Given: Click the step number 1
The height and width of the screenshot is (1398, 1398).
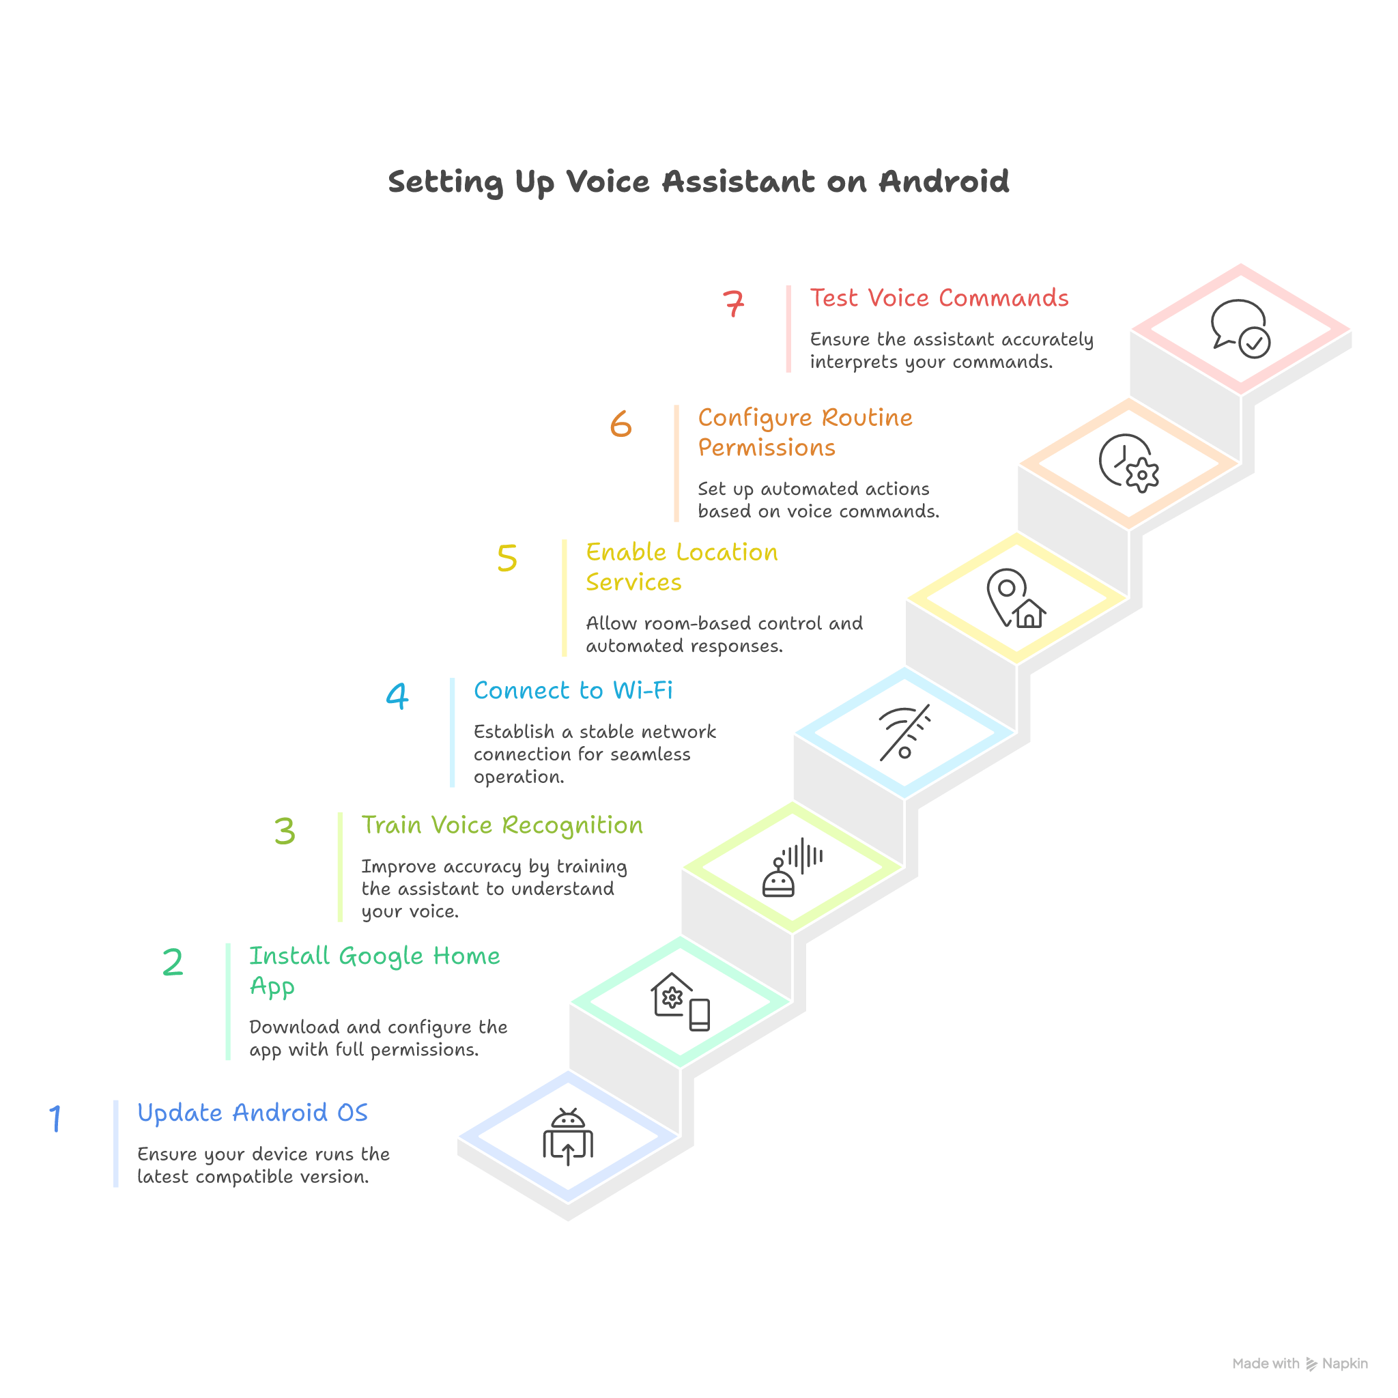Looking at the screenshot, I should click(x=55, y=1118).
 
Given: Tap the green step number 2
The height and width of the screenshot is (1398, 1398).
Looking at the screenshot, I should click(x=172, y=962).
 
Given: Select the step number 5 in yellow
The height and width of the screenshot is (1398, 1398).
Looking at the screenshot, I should click(x=507, y=558).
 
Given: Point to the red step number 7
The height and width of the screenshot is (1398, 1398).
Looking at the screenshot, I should click(x=733, y=303).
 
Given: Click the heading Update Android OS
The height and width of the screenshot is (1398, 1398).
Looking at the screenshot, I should click(x=253, y=1112).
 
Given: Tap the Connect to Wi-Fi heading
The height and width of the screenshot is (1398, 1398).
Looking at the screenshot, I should click(x=573, y=690).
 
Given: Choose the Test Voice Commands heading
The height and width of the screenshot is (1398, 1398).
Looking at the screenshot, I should click(x=939, y=298).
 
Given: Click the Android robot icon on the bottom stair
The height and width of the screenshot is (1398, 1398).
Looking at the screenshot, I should click(x=568, y=1136).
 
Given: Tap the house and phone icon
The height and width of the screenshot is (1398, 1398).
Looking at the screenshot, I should click(x=680, y=1001).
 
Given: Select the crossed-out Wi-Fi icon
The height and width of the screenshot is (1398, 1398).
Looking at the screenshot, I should click(x=904, y=733).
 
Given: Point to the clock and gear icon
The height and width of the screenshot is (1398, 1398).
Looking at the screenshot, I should click(x=1128, y=463).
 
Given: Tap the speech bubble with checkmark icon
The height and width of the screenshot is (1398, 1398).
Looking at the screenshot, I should click(x=1240, y=328).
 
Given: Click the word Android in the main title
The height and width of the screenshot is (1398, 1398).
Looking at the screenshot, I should click(x=943, y=182).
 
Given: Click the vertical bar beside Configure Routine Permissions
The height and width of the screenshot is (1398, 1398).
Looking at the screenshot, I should click(x=676, y=463).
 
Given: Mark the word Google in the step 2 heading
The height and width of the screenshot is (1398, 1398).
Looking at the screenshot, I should click(x=381, y=956).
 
